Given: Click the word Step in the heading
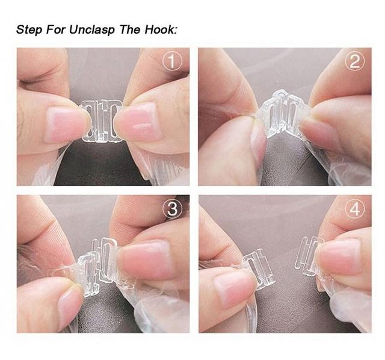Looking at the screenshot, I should tap(30, 29).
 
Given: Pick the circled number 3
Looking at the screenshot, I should tap(173, 209).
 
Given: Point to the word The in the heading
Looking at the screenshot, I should tap(136, 29).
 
